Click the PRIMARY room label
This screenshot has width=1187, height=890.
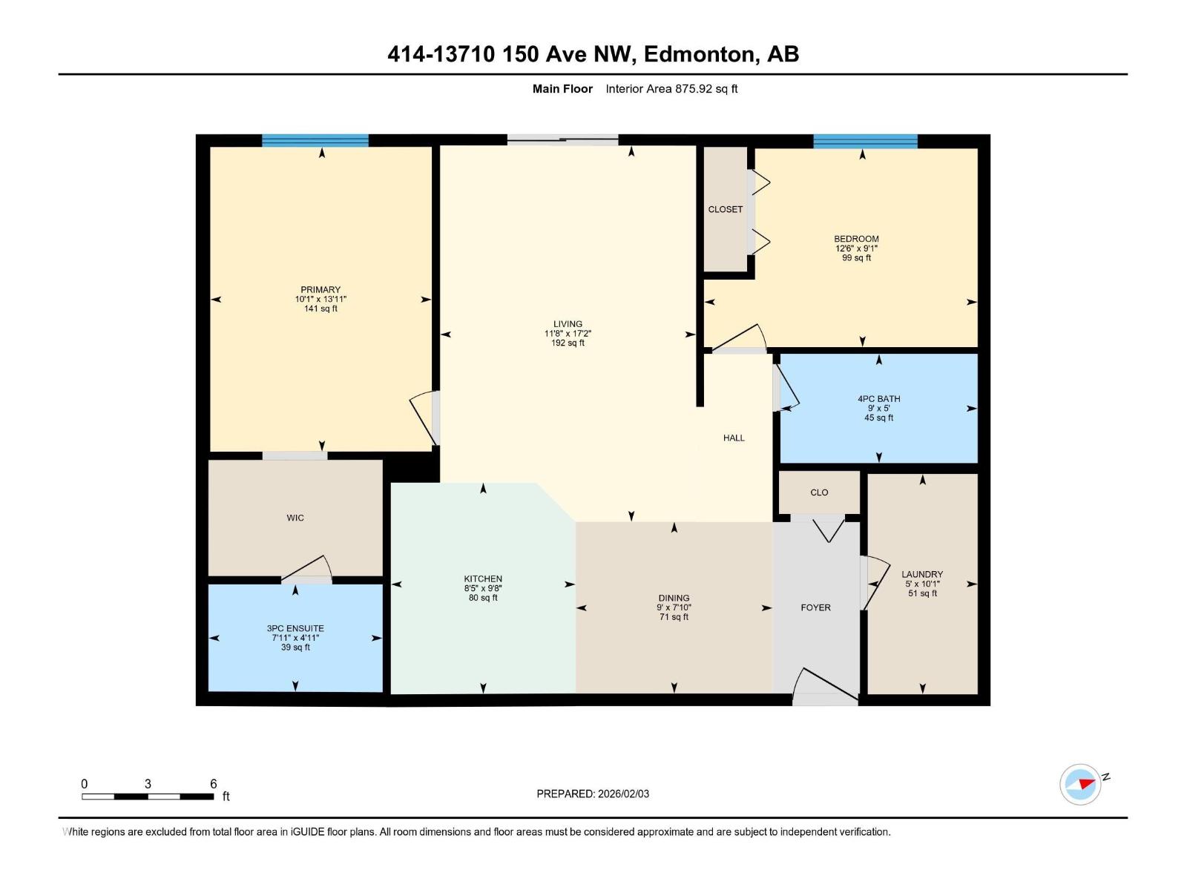(320, 290)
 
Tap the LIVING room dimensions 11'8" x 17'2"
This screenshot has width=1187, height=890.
(568, 334)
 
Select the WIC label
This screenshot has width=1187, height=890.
(295, 518)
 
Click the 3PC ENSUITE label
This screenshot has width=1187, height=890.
(295, 628)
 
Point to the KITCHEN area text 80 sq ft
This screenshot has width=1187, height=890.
(483, 598)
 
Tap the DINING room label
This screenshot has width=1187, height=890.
(674, 598)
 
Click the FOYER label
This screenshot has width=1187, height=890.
(815, 607)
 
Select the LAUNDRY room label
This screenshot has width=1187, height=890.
(922, 574)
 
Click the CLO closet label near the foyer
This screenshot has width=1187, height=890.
(819, 492)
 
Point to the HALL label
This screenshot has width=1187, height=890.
(734, 438)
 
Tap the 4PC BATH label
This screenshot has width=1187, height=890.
(878, 399)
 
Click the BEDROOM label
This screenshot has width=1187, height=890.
(856, 239)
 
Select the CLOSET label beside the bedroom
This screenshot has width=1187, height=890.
(725, 209)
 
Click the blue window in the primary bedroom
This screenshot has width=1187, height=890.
(315, 141)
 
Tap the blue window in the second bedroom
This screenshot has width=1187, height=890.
(865, 141)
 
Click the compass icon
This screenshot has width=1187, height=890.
(1080, 784)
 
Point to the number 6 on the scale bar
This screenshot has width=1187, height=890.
(214, 784)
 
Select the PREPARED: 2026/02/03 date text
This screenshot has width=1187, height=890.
(593, 794)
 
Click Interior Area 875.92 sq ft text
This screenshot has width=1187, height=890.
(671, 89)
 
